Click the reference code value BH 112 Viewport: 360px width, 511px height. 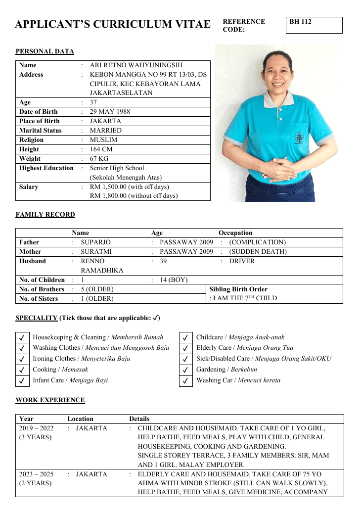(x=301, y=22)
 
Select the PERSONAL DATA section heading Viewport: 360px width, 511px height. (x=45, y=51)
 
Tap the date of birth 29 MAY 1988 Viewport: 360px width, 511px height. (x=110, y=112)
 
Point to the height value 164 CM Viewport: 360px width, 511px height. (x=101, y=149)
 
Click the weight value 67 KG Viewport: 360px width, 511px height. (x=99, y=159)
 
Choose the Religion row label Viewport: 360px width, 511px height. (x=31, y=140)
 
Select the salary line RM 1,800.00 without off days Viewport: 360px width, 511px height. (x=134, y=196)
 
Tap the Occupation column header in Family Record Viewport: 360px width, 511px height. (x=235, y=233)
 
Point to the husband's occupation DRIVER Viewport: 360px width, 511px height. (x=242, y=261)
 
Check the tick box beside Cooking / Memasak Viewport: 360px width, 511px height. (x=22, y=370)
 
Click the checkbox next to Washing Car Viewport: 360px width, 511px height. (x=185, y=381)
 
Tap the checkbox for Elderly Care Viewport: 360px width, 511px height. (x=185, y=348)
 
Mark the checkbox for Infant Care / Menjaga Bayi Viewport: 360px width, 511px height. (x=22, y=381)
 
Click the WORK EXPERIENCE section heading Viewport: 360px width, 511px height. (x=50, y=400)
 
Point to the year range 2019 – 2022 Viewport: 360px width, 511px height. (x=36, y=428)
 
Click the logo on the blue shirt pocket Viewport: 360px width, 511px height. (x=300, y=138)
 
